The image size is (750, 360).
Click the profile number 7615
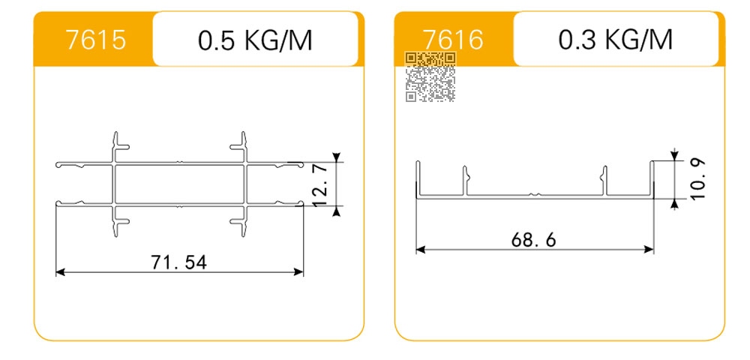point(96,40)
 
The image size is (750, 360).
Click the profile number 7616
point(453,40)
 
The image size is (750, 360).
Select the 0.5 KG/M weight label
point(255,40)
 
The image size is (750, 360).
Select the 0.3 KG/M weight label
point(616,40)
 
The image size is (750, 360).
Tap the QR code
point(430,77)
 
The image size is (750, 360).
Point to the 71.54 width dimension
point(179,262)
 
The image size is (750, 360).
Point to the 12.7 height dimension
point(320,184)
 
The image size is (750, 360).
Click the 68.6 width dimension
point(534,239)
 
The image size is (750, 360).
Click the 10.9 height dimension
point(697,179)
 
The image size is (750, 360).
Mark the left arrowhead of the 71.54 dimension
point(60,272)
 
